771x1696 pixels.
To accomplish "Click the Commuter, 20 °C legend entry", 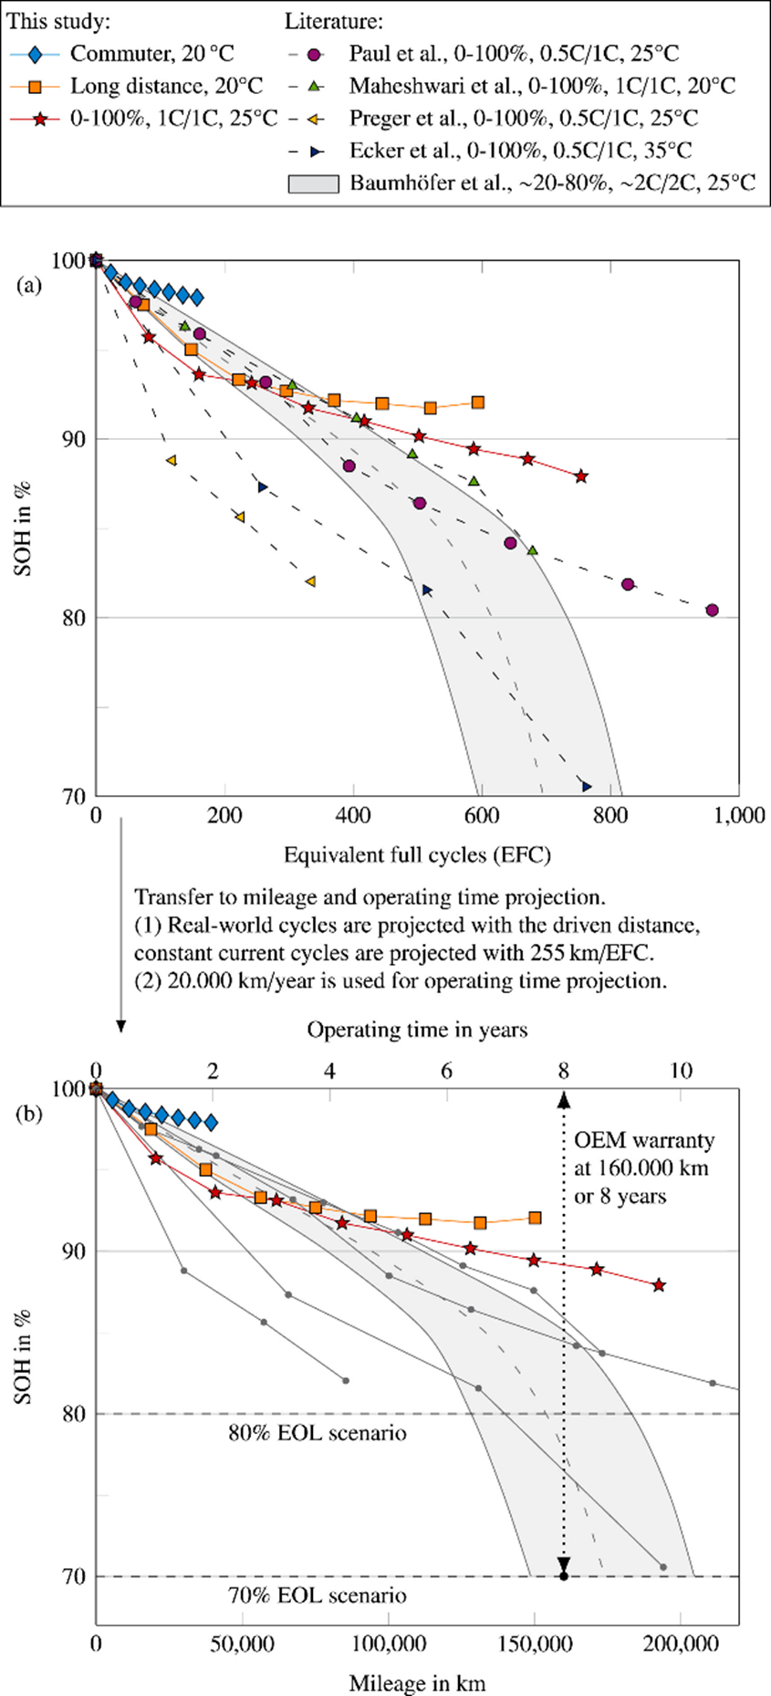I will (137, 53).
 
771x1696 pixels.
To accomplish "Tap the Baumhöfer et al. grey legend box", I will (314, 183).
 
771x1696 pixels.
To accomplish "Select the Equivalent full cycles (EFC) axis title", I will (417, 855).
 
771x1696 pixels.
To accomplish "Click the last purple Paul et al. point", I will (712, 610).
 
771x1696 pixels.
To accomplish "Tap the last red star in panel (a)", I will (581, 476).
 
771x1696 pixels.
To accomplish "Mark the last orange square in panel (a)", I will (478, 403).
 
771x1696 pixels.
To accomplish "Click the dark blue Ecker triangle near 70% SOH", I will (587, 786).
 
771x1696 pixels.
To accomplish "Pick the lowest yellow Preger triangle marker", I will (310, 581).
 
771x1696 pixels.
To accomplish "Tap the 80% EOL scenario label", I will (317, 1432).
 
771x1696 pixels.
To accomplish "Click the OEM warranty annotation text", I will (643, 1167).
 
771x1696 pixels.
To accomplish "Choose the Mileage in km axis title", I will (417, 1682).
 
